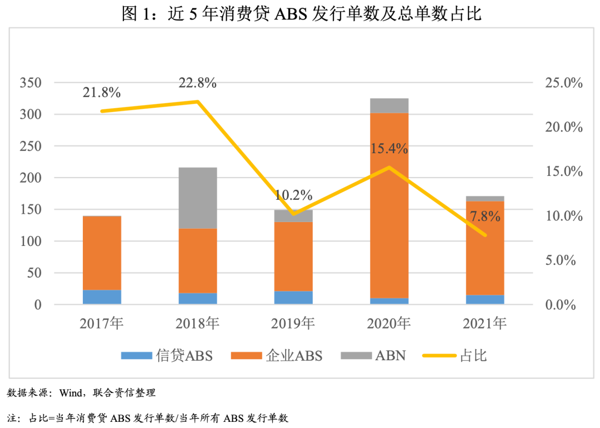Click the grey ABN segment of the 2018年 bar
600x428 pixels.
pyautogui.click(x=198, y=198)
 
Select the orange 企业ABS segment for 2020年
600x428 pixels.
pyautogui.click(x=389, y=205)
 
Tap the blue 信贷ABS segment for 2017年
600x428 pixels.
pyautogui.click(x=102, y=297)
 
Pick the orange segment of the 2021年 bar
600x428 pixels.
pyautogui.click(x=485, y=248)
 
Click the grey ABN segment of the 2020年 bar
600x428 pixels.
pyautogui.click(x=389, y=105)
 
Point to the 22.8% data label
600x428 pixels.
pyautogui.click(x=197, y=83)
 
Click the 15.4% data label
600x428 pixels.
pyautogui.click(x=389, y=149)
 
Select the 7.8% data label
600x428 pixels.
pyautogui.click(x=485, y=216)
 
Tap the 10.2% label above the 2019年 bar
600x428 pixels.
pyautogui.click(x=293, y=195)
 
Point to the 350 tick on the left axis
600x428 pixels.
pyautogui.click(x=31, y=83)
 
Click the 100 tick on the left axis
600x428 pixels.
pyautogui.click(x=31, y=241)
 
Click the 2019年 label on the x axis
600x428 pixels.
pyautogui.click(x=293, y=324)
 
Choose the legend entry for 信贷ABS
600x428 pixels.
pyautogui.click(x=167, y=356)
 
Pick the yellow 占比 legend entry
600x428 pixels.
pyautogui.click(x=456, y=356)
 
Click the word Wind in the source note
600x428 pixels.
pyautogui.click(x=69, y=393)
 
